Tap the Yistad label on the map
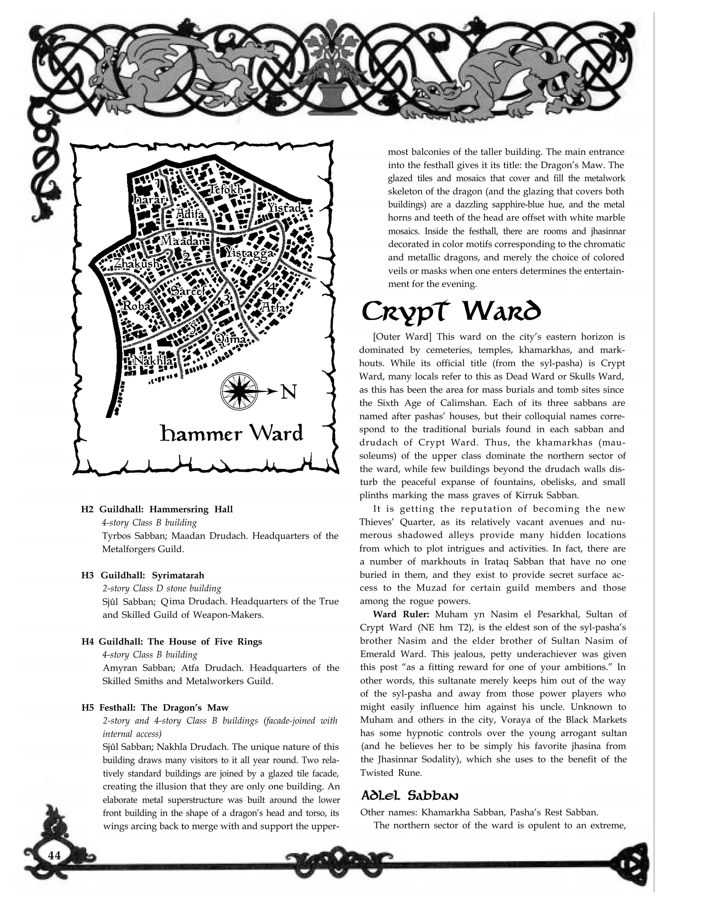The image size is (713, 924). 284,208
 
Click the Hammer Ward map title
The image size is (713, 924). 232,434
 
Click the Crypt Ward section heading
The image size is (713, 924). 450,313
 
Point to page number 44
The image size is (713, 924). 54,855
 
